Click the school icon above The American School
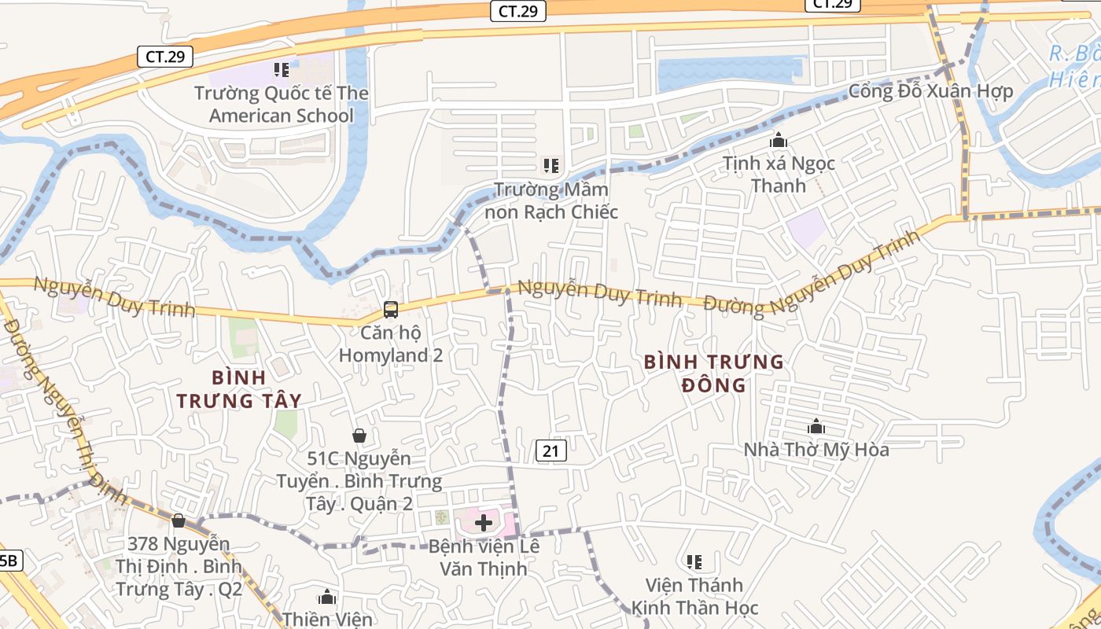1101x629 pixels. coord(282,70)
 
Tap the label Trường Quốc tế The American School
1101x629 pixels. coord(282,105)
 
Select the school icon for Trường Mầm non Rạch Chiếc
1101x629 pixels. coord(551,166)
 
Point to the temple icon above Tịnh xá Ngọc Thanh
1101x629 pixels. coord(779,141)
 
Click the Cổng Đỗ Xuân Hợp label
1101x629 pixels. coord(930,91)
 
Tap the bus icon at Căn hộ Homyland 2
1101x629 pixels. coord(390,310)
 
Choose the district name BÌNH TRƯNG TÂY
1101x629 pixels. coord(239,389)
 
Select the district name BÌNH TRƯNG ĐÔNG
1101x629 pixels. coord(713,373)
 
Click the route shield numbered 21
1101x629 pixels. coord(551,451)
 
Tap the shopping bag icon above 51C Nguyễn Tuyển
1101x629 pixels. coord(359,436)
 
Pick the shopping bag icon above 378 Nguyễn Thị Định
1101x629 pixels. coord(179,520)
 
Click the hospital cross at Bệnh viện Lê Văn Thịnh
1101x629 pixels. coord(484,523)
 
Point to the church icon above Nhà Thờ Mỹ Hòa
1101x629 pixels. coord(816,427)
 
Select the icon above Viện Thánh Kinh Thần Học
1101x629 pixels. coord(694,562)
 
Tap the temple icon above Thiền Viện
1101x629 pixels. coord(327,598)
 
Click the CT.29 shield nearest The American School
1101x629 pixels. coord(164,57)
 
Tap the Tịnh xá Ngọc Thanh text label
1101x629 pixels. coord(779,175)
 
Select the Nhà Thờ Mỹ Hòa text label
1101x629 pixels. coord(816,450)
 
